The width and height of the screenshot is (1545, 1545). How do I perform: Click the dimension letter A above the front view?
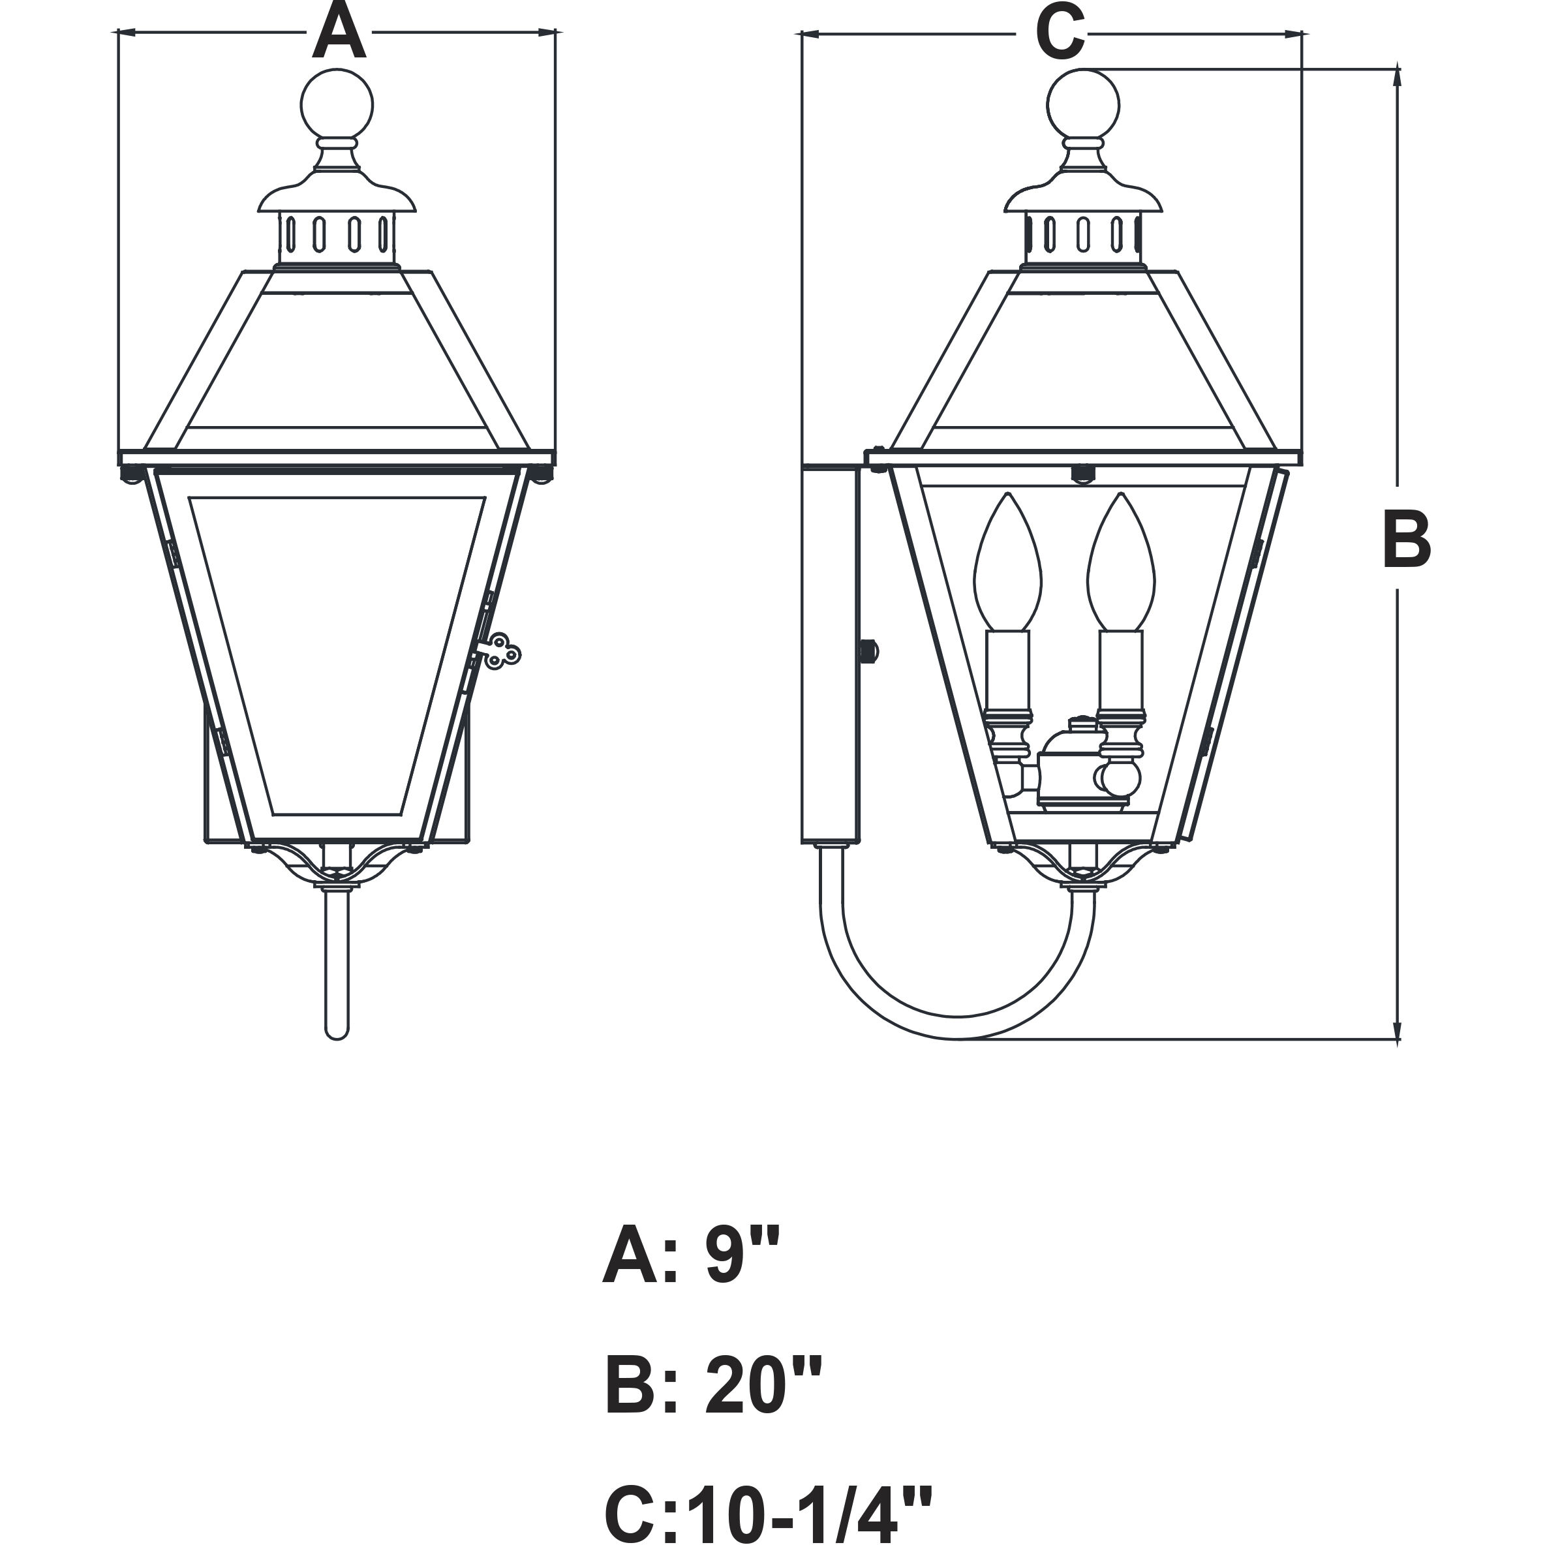point(339,32)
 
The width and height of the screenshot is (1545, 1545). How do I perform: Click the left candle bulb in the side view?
point(1007,562)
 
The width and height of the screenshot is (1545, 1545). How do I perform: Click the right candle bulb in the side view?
point(1121,562)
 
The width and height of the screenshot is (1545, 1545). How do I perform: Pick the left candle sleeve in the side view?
point(1007,670)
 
